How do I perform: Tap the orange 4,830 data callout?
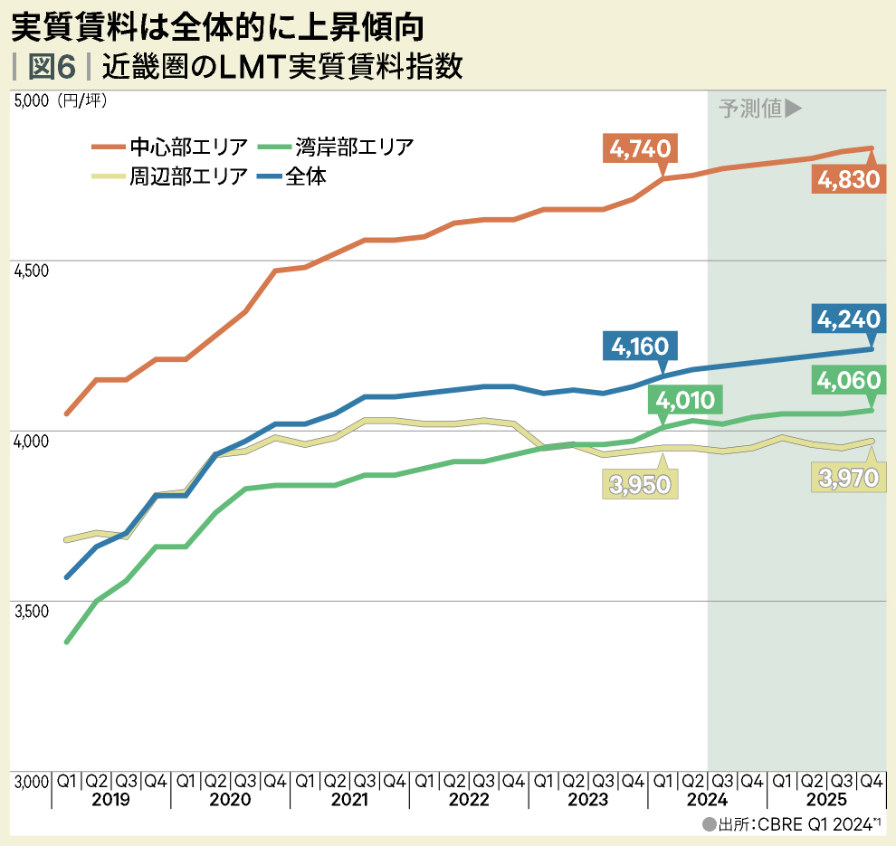coord(848,179)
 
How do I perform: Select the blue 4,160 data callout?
coord(640,346)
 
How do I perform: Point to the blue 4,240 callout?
coord(848,319)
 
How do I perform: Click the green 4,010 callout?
coord(685,400)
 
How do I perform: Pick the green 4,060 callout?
coord(848,381)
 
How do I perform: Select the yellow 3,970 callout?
coord(848,477)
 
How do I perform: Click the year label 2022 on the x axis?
coord(468,801)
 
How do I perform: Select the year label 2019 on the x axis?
coord(110,801)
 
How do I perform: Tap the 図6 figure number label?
coord(52,68)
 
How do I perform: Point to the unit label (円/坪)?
coord(81,101)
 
